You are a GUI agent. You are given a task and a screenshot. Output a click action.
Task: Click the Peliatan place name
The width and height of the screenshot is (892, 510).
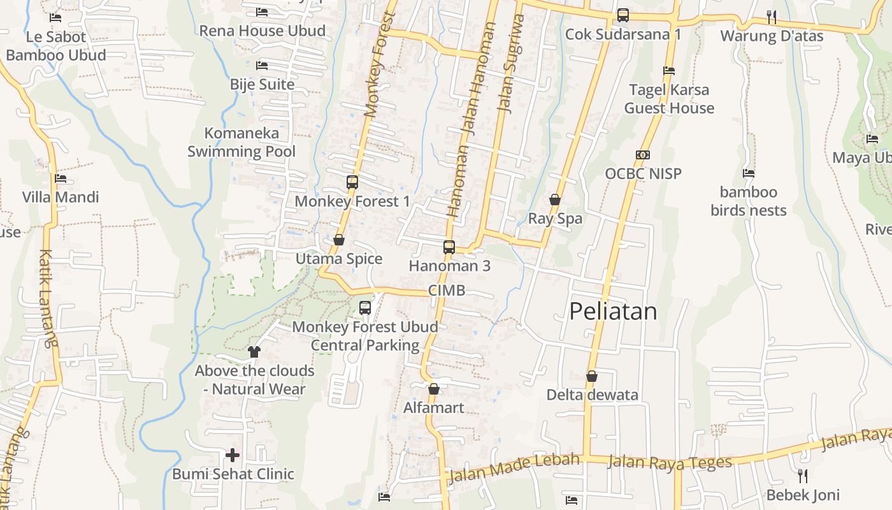tap(612, 311)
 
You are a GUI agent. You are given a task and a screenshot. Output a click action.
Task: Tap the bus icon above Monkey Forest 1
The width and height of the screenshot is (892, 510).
tap(352, 182)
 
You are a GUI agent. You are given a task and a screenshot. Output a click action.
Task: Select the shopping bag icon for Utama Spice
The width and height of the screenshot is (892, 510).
tap(339, 240)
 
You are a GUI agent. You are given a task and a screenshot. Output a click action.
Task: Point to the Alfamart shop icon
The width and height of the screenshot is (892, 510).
tap(434, 388)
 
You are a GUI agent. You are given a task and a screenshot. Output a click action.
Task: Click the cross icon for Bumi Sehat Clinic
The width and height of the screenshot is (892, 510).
tap(233, 455)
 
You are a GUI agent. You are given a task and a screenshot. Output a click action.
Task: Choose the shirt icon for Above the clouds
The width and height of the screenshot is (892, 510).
tap(254, 351)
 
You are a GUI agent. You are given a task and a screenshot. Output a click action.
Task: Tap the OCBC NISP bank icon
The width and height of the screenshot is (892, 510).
tap(642, 155)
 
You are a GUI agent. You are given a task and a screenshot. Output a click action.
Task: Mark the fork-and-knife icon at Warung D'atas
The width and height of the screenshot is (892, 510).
tap(771, 16)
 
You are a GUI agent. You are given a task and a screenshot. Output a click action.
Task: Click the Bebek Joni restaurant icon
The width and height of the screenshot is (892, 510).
tap(802, 476)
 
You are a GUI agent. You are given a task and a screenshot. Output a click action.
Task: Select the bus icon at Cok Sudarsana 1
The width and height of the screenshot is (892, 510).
tap(622, 15)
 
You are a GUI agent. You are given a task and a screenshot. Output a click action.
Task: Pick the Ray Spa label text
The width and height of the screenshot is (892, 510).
tap(555, 219)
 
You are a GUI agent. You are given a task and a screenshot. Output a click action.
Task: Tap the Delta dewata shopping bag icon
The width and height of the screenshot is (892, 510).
tap(592, 376)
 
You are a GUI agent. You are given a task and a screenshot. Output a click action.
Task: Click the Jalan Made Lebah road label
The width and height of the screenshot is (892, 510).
tap(514, 469)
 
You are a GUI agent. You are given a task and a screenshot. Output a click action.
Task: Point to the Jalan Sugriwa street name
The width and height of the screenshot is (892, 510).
tap(510, 64)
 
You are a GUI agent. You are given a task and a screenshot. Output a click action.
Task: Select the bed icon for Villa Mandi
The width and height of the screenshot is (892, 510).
tap(61, 178)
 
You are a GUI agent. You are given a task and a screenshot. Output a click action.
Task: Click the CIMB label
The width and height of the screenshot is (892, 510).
tap(447, 291)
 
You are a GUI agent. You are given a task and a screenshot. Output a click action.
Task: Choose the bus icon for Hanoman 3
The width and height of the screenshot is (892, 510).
tap(449, 247)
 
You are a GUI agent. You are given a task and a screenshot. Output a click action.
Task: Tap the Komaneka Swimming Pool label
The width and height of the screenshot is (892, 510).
tap(241, 142)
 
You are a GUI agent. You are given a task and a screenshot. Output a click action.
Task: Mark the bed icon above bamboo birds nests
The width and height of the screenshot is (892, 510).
tap(749, 173)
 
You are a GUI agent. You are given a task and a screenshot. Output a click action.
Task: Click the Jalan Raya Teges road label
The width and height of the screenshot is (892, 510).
tap(670, 462)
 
